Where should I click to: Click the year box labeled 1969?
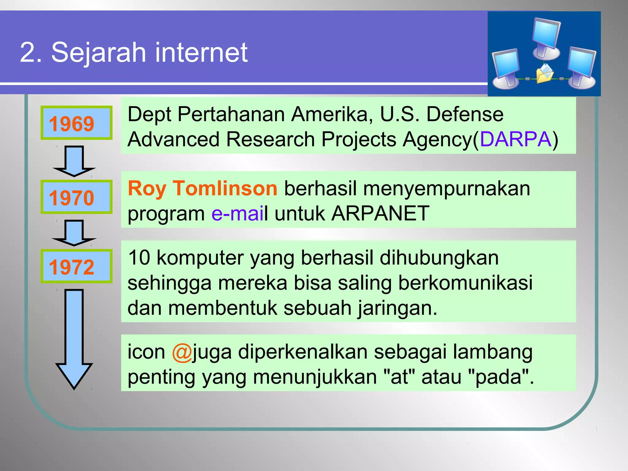[x=76, y=123]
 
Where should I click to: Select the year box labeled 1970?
[x=76, y=197]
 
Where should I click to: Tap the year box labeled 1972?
[x=76, y=266]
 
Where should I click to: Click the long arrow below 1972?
[x=74, y=337]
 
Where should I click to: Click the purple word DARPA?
[x=515, y=140]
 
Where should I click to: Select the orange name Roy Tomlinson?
[x=202, y=188]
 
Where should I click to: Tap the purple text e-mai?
[x=237, y=214]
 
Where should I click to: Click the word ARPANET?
[x=380, y=214]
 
